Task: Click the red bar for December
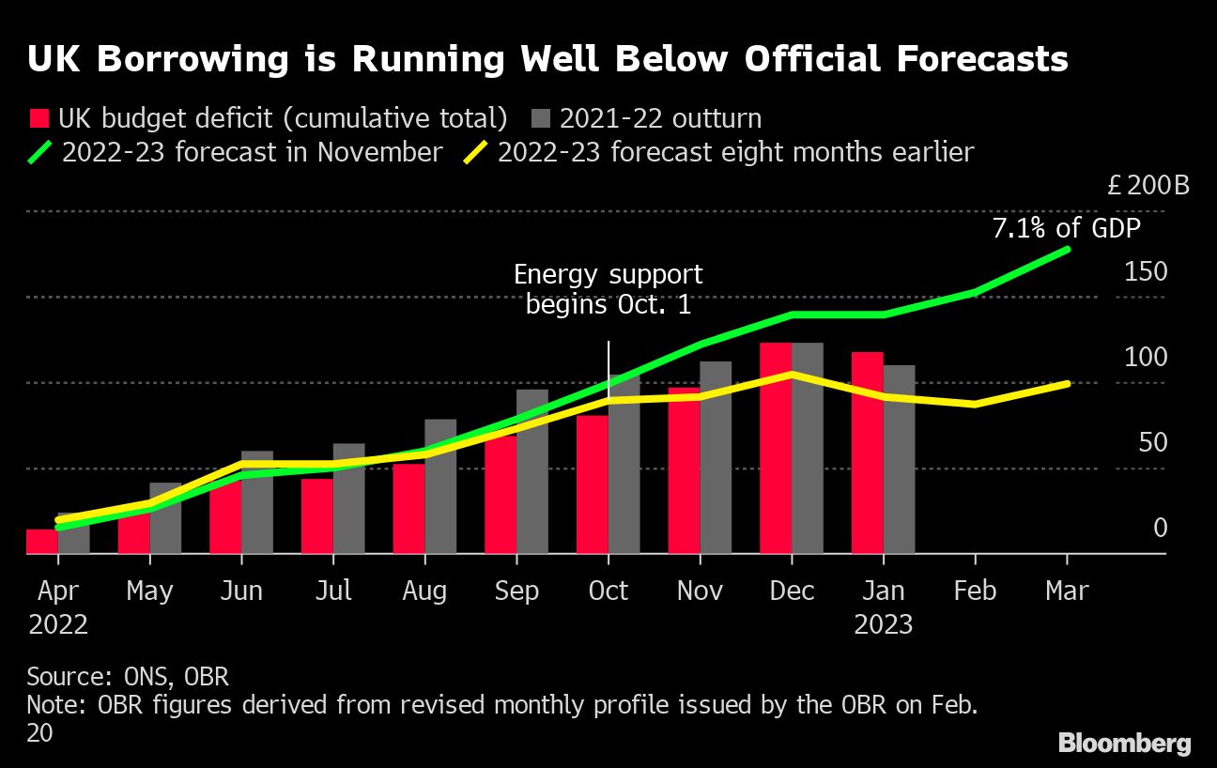click(x=776, y=449)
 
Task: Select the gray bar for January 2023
click(x=900, y=460)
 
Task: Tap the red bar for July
click(x=317, y=516)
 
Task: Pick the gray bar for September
click(x=532, y=472)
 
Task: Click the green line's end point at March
click(x=1067, y=250)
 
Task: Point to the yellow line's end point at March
click(x=1067, y=384)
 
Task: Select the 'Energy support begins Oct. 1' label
click(x=608, y=289)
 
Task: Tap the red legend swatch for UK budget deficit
click(x=39, y=119)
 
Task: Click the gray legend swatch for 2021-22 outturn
click(x=540, y=119)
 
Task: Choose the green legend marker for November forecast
click(x=39, y=152)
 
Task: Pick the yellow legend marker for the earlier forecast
click(x=476, y=152)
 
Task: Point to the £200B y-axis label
click(x=1148, y=185)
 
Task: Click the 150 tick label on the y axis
click(x=1146, y=272)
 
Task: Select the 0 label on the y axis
click(x=1160, y=529)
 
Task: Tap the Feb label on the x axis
click(x=976, y=591)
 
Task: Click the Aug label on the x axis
click(x=424, y=591)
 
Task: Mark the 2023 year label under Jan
click(x=883, y=624)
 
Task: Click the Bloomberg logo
click(x=1124, y=744)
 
